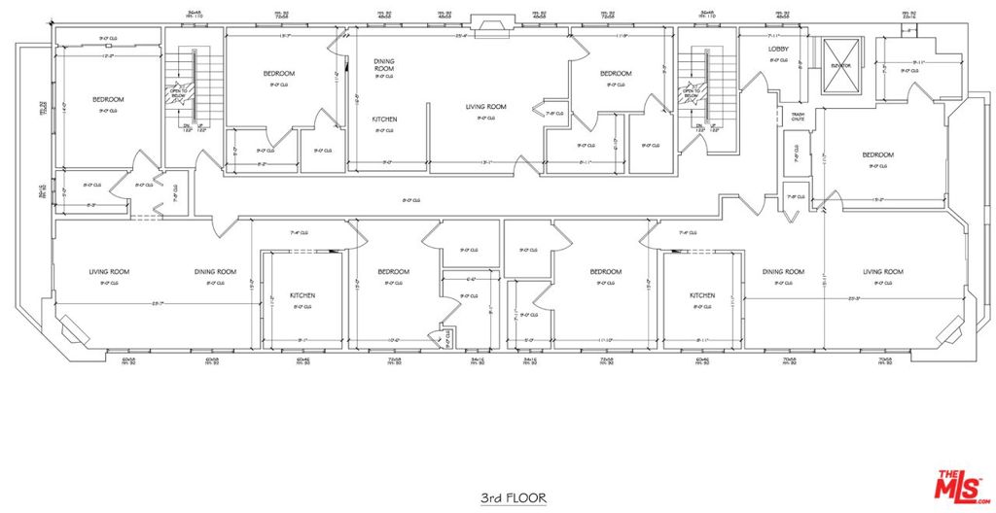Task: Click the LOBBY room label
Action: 778,49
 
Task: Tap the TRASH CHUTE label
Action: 797,117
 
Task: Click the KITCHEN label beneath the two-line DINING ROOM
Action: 384,120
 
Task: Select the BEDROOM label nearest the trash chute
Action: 877,155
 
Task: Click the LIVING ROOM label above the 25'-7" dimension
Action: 109,272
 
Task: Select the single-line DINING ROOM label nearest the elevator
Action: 783,272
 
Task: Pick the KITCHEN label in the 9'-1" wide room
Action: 302,295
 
